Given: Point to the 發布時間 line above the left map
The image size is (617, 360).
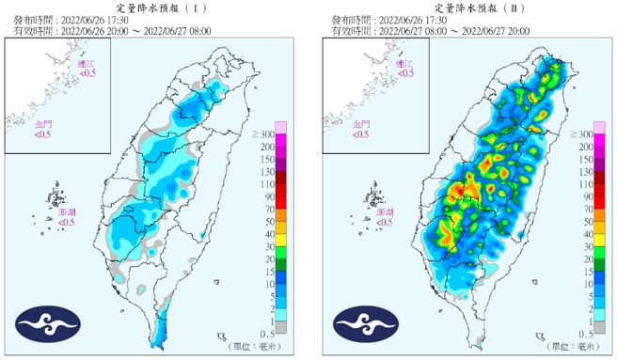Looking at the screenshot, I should click(x=75, y=19).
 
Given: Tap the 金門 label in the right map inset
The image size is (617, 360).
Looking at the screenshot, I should click(x=361, y=124).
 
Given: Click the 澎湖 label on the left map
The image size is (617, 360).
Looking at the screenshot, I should click(x=66, y=214).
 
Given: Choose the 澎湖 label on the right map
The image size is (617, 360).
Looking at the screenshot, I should click(x=384, y=214).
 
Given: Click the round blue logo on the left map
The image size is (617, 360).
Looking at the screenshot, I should click(x=47, y=324).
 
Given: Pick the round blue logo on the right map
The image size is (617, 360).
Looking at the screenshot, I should click(x=365, y=324).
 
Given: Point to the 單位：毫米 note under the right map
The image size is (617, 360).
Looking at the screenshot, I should click(x=570, y=346).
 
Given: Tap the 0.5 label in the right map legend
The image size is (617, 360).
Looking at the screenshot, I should click(x=587, y=334).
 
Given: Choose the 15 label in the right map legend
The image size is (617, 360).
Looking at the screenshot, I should click(x=586, y=272).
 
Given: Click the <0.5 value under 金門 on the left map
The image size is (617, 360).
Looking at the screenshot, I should click(x=43, y=134).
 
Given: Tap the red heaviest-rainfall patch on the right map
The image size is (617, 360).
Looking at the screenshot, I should click(x=458, y=192).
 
